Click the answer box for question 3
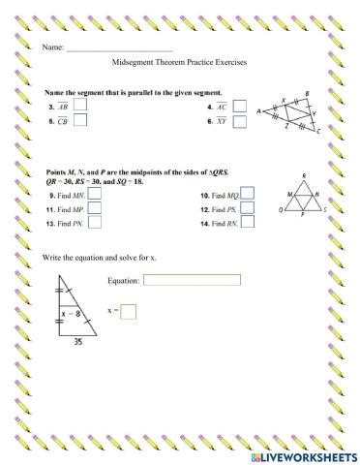(x=79, y=106)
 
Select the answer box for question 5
(x=79, y=121)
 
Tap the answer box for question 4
(x=239, y=107)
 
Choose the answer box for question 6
(x=239, y=122)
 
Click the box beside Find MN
(x=95, y=194)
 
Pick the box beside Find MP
(x=95, y=207)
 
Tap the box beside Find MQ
(x=248, y=194)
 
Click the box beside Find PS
(x=248, y=207)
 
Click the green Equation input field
(x=192, y=280)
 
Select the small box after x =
(x=129, y=311)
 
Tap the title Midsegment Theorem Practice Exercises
(x=180, y=62)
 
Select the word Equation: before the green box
(x=126, y=280)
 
